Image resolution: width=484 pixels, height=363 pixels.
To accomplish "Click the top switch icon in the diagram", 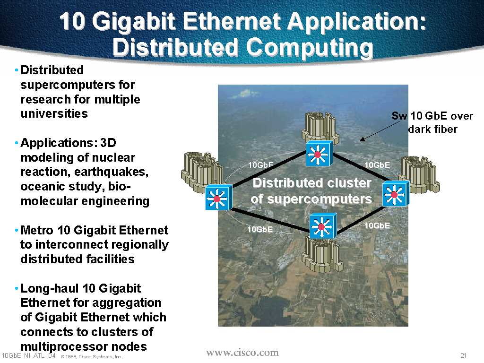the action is pos(319,154).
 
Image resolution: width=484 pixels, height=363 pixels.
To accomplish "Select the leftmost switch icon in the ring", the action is pos(218,197).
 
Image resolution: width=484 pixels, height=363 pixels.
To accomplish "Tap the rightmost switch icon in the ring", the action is pos(396,193).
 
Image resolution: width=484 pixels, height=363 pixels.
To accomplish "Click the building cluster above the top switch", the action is pos(320,128).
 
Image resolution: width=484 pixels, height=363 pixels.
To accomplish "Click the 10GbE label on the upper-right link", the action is pos(377,165).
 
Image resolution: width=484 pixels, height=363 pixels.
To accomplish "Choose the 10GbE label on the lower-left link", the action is pos(260,229).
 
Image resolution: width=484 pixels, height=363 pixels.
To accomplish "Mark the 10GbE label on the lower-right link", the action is pos(377,225).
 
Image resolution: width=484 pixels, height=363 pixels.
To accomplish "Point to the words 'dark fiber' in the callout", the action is pos(433,129).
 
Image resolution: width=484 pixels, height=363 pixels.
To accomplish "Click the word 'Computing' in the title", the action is pos(310,48).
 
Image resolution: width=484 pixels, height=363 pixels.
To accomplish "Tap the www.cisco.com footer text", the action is pos(242,353).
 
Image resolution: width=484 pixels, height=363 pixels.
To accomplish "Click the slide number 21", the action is pos(463,355).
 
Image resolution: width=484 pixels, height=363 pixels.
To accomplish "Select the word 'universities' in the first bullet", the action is pos(54,113).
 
